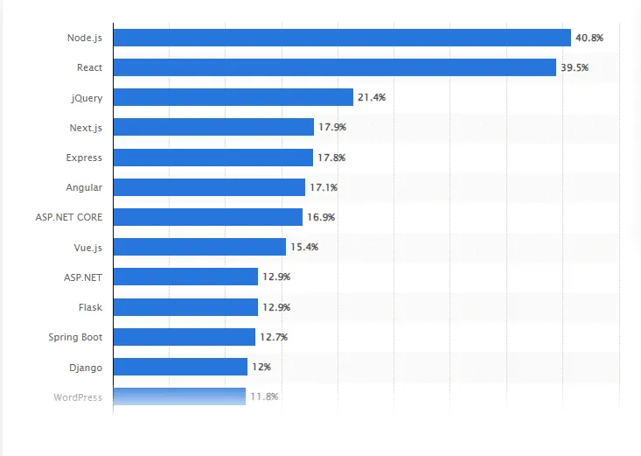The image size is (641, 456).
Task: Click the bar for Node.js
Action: coord(342,38)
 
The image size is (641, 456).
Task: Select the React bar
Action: coord(335,67)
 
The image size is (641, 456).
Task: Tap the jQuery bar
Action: coord(233,97)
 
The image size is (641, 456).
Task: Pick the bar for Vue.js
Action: coord(199,247)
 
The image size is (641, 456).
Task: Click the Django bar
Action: coord(180,367)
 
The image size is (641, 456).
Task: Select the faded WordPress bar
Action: coord(179,396)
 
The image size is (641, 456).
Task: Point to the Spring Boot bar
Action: coord(184,337)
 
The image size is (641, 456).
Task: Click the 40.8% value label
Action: coord(589,38)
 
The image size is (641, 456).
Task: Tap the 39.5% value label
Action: coord(575,67)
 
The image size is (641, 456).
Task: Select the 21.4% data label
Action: coord(372,97)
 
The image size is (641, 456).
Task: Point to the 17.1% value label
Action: coord(324,187)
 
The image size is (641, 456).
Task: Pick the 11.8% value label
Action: coord(264,396)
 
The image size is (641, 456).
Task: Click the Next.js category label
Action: coord(86,128)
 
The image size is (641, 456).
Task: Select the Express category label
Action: coord(84,158)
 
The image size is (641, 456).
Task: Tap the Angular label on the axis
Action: coord(84,187)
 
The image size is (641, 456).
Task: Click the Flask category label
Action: coord(90,307)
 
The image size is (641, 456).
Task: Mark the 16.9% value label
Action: coord(321,217)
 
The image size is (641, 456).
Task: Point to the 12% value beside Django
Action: coord(261,367)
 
